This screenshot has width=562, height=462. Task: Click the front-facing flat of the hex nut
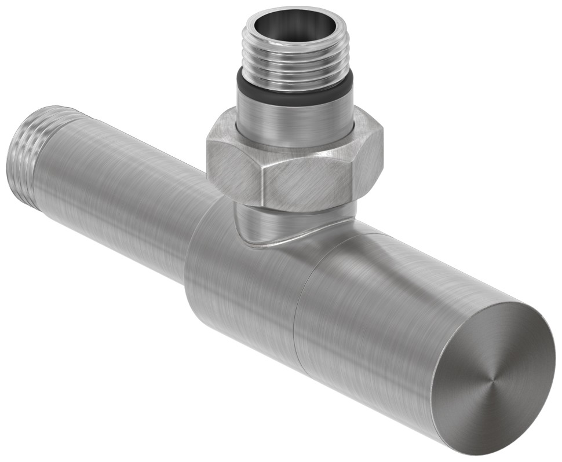307,185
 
